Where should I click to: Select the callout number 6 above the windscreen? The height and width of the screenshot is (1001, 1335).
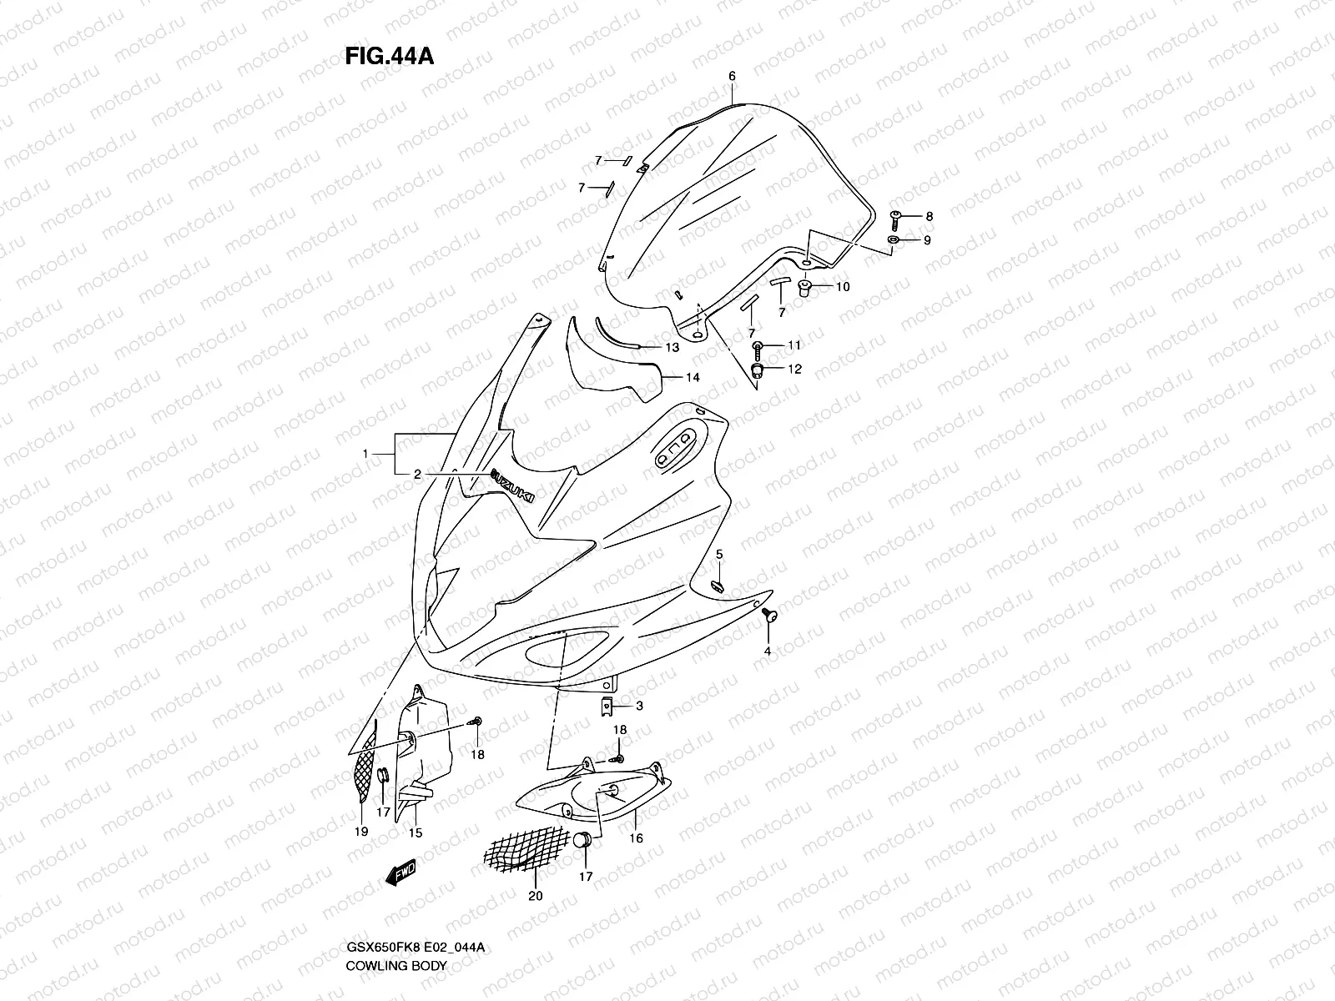(732, 76)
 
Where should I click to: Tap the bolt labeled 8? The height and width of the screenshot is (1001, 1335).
(895, 217)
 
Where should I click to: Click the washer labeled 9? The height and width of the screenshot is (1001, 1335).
(893, 240)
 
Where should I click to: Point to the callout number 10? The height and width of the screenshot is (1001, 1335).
(842, 287)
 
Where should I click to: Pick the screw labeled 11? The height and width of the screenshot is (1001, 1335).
(758, 345)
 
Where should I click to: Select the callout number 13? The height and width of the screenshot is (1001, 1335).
(672, 347)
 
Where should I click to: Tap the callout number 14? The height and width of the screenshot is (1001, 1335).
(693, 377)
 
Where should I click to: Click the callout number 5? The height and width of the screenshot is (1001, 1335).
(718, 555)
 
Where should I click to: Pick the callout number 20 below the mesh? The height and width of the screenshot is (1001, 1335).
(535, 896)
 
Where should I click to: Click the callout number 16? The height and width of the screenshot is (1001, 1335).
(636, 838)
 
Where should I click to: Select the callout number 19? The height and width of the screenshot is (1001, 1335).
(361, 832)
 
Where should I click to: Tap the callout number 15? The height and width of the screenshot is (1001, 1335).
(414, 832)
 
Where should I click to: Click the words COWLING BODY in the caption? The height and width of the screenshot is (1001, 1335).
(396, 966)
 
